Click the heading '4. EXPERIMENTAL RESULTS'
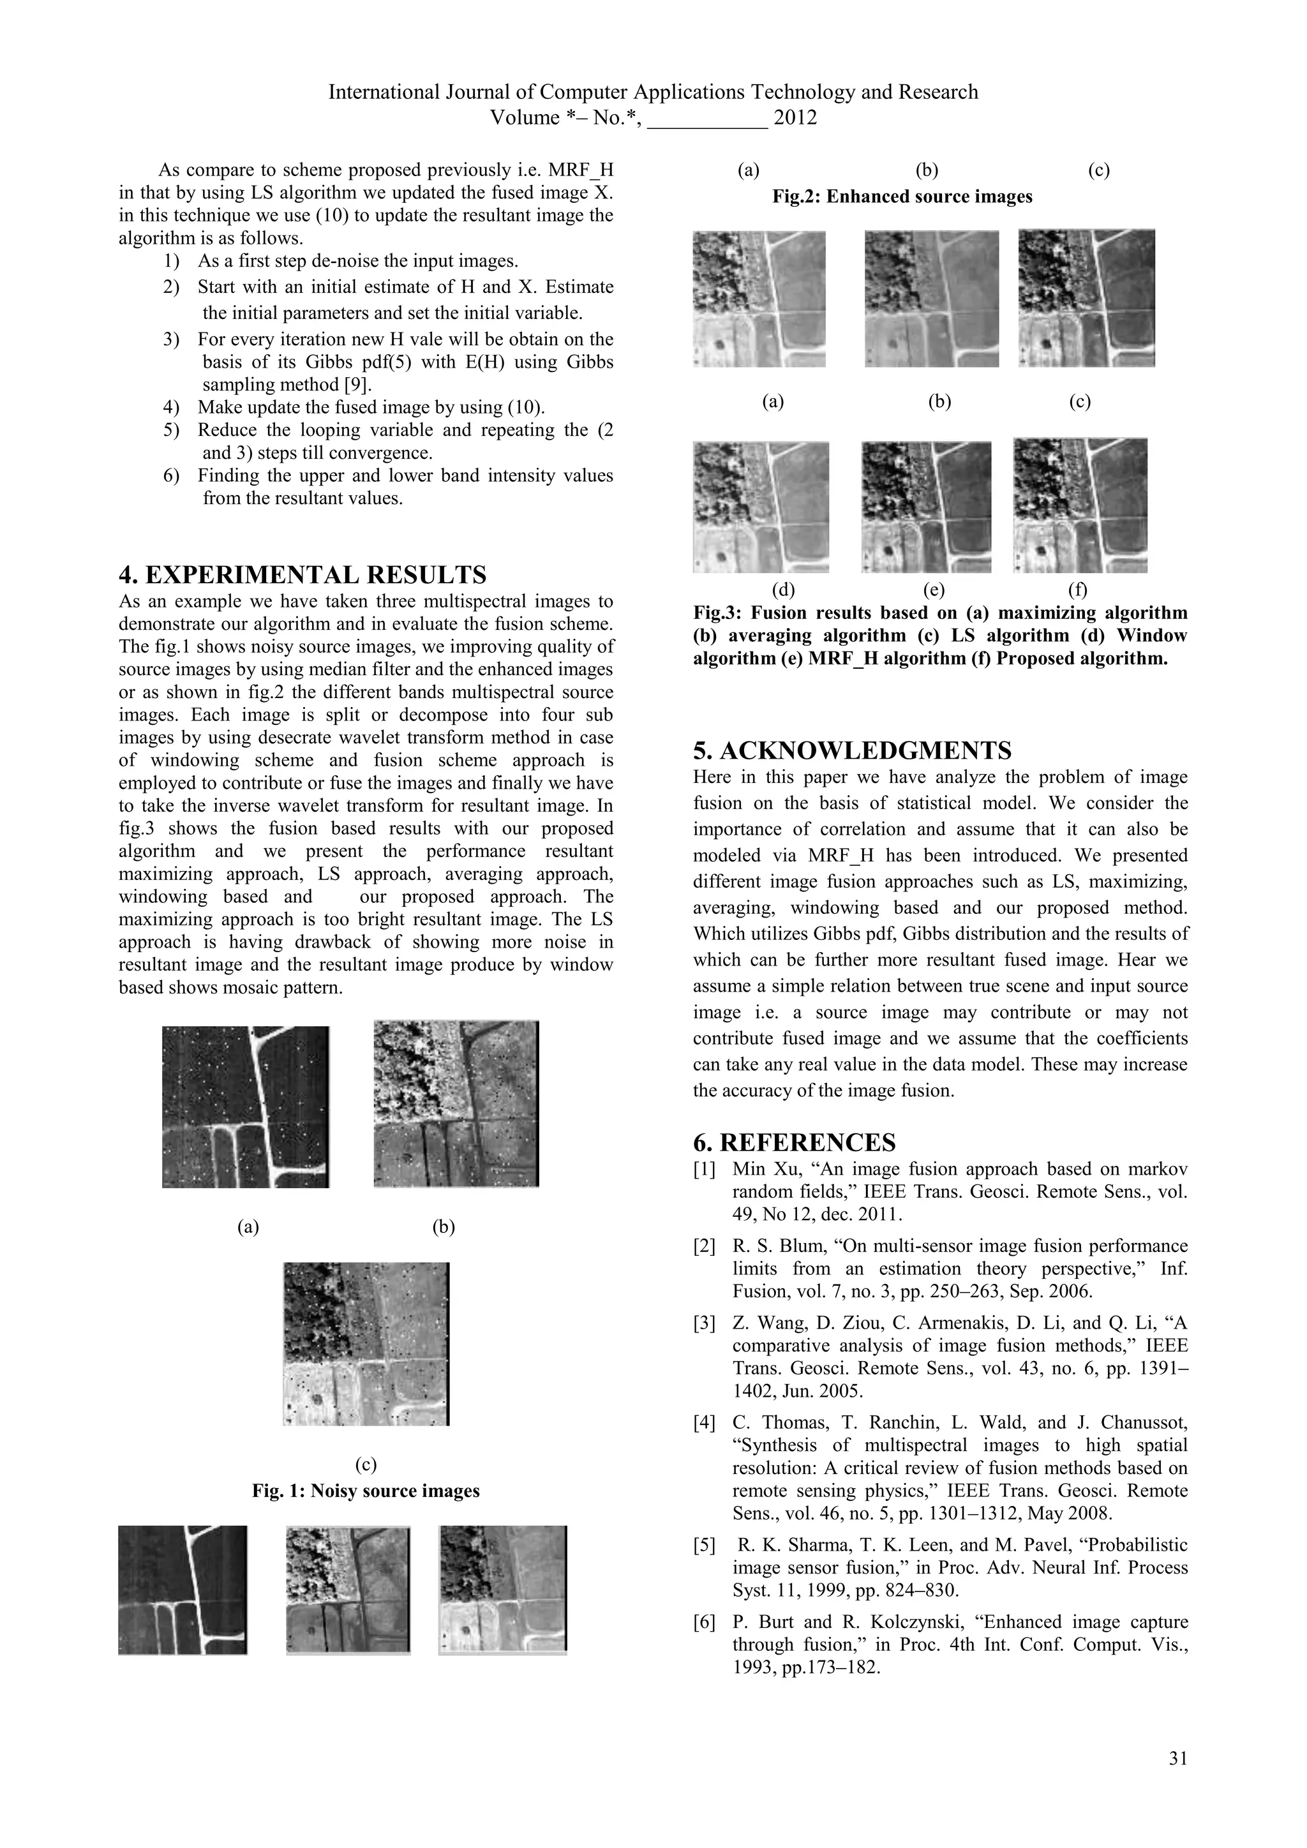coord(302,575)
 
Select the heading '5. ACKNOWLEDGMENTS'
coord(852,750)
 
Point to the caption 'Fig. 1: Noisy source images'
coord(366,1491)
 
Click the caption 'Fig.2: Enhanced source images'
coord(901,197)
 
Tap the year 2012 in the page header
coord(795,117)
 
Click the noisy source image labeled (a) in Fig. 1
coord(246,1107)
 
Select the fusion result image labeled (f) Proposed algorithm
coord(1080,505)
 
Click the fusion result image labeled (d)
coord(761,507)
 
